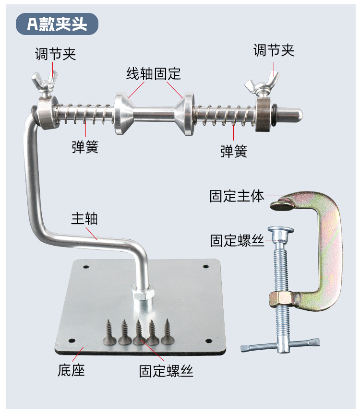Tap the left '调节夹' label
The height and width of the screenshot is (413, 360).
(x=56, y=53)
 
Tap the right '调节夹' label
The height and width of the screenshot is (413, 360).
(x=274, y=50)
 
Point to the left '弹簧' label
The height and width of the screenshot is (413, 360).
(x=85, y=147)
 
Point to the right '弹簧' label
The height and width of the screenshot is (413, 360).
(x=234, y=151)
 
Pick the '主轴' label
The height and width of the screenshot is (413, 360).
(x=84, y=218)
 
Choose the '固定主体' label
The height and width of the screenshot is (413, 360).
(x=237, y=196)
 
